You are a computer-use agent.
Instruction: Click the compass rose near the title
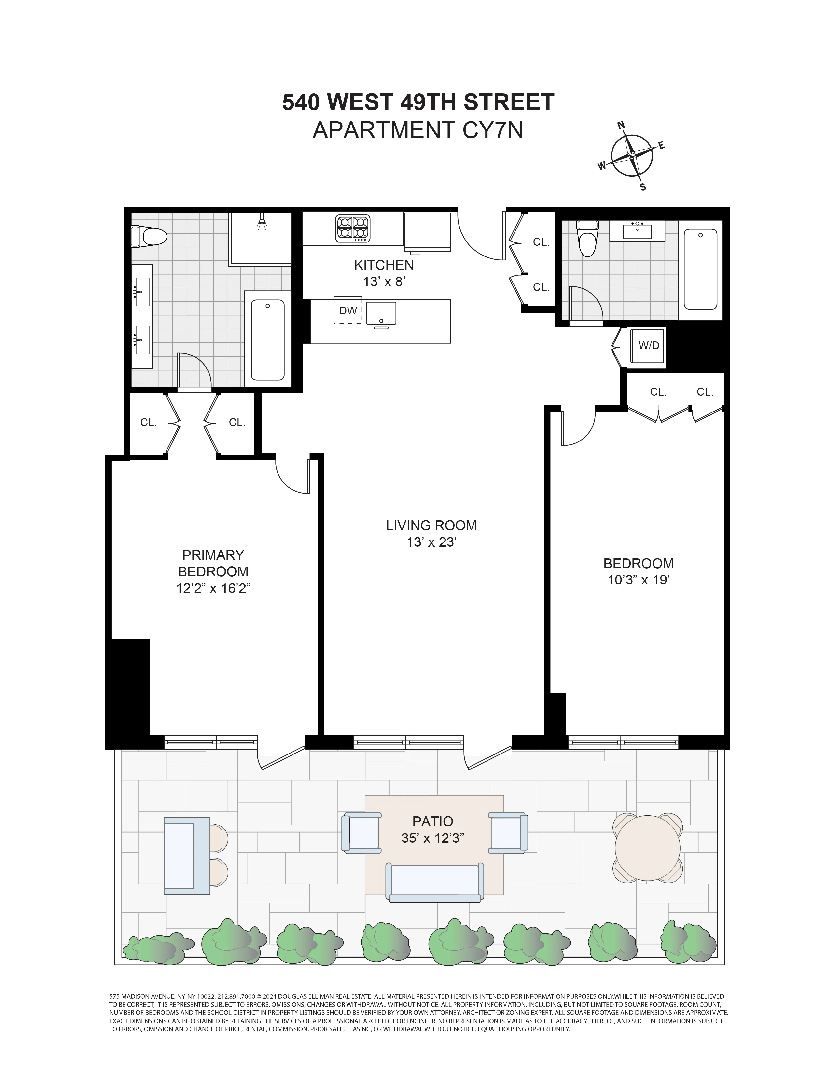tap(632, 156)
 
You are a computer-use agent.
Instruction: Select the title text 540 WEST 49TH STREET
tap(418, 102)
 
